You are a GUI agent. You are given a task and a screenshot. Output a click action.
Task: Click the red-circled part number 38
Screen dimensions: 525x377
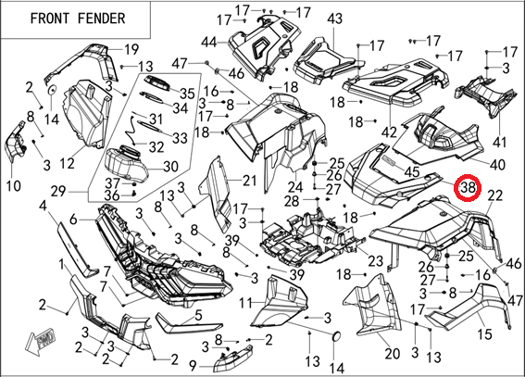click(468, 188)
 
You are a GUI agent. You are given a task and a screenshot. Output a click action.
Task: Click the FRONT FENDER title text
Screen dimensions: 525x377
click(78, 19)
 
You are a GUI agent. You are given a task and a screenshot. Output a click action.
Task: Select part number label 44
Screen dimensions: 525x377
click(209, 43)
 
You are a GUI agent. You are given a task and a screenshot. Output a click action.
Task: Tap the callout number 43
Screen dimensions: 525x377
click(334, 19)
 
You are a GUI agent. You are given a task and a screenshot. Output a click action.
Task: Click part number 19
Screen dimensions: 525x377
click(131, 49)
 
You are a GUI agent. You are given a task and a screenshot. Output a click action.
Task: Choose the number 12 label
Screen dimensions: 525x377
click(67, 163)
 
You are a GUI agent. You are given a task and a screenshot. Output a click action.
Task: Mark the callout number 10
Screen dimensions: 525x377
click(13, 185)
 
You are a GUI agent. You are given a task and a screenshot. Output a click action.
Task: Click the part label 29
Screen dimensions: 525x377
click(59, 192)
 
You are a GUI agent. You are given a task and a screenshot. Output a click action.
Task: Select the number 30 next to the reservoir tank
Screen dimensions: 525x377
click(170, 166)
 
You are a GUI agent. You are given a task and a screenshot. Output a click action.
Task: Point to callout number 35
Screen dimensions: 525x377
click(187, 94)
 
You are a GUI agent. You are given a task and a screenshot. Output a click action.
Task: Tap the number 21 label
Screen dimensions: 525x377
click(249, 181)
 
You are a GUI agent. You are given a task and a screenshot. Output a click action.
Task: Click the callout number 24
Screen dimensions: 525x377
click(295, 187)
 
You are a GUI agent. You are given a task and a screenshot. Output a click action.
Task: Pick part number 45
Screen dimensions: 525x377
click(412, 171)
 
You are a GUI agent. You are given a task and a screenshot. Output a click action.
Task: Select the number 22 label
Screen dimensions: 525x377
click(494, 195)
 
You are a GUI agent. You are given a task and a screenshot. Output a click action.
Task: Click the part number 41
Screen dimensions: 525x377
click(500, 142)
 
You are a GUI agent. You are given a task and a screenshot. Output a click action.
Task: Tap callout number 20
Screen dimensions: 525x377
click(392, 353)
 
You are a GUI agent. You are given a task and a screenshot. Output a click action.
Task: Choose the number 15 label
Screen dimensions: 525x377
click(484, 333)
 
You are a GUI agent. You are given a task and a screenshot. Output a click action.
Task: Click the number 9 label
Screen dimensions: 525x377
click(193, 366)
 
